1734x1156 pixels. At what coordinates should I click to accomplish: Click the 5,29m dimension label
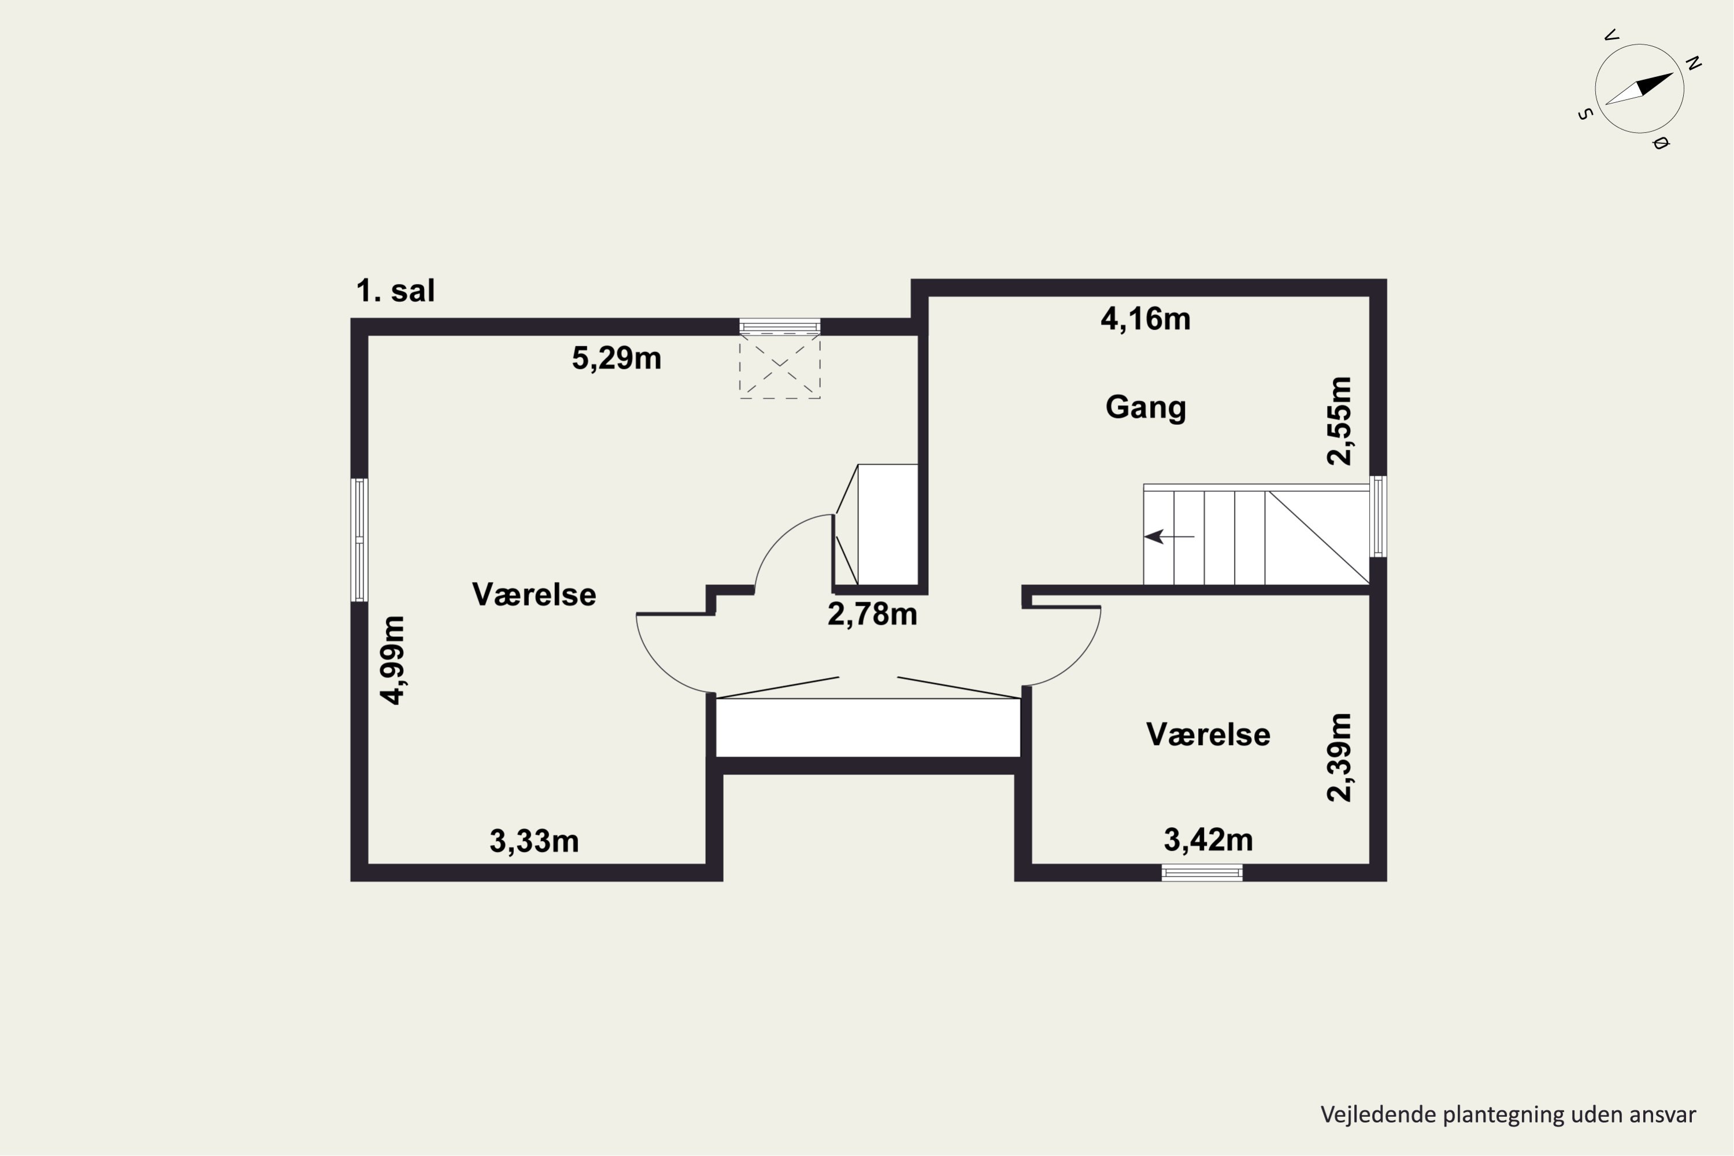pos(616,358)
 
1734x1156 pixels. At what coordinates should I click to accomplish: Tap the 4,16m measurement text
pos(1146,319)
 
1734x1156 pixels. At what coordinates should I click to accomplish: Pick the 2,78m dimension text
pos(872,614)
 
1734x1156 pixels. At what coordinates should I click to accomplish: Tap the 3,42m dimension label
pos(1209,840)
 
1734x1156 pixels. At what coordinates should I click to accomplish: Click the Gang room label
pos(1146,407)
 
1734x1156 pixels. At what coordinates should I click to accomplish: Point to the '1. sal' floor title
pos(395,291)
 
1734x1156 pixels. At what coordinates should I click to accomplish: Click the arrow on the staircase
pos(1169,537)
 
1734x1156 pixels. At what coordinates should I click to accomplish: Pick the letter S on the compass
pos(1585,114)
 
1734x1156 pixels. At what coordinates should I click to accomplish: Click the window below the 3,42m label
pos(1202,873)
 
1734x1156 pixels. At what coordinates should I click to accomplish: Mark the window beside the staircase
pos(1378,516)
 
